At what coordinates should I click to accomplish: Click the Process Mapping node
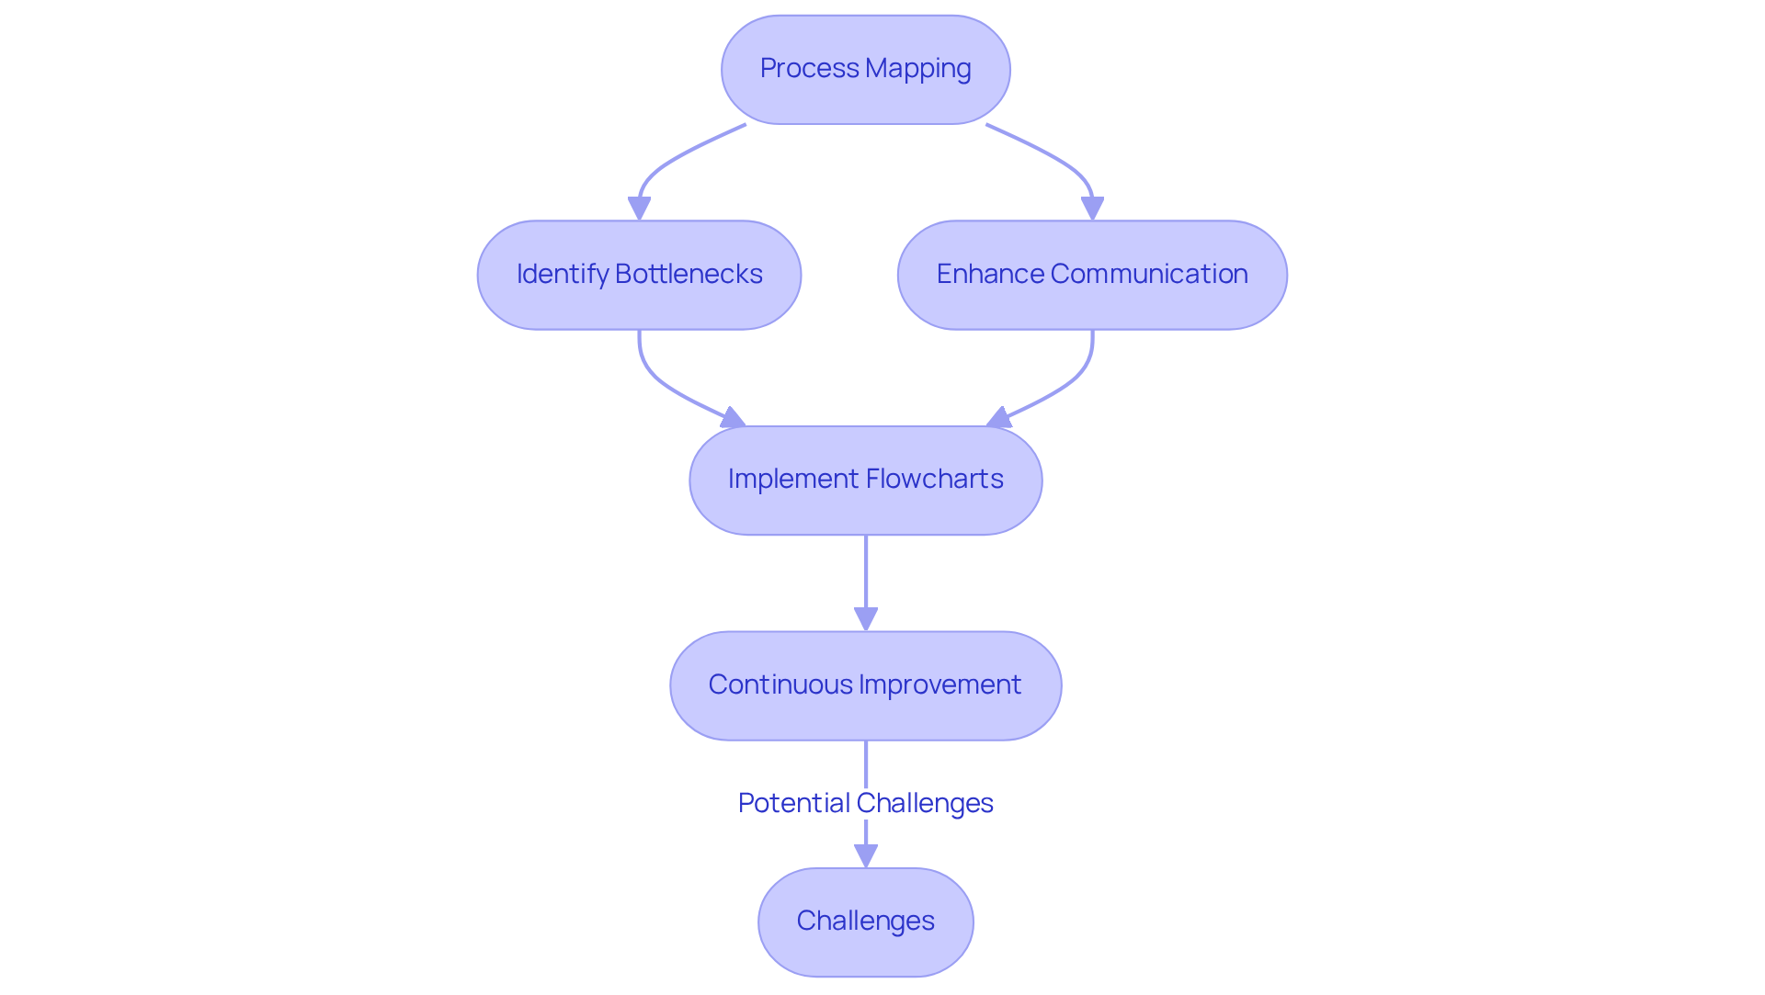(x=865, y=70)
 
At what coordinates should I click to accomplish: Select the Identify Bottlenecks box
(x=639, y=275)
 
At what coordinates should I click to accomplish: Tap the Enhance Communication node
(x=1092, y=275)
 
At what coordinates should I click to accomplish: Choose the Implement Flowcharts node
(x=865, y=480)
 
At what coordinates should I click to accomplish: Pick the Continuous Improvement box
(x=865, y=685)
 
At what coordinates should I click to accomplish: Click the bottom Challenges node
(x=865, y=922)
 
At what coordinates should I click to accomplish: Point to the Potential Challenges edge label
(x=865, y=803)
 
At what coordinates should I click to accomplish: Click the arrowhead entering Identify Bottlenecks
(x=639, y=209)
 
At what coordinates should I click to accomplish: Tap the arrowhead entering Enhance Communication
(x=1092, y=209)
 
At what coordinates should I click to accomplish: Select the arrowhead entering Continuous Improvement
(x=865, y=619)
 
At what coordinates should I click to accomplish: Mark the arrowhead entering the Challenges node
(x=865, y=856)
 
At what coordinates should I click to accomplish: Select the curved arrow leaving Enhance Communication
(x=1071, y=381)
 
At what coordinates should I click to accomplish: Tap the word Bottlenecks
(x=689, y=275)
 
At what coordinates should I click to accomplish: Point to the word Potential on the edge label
(x=793, y=803)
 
